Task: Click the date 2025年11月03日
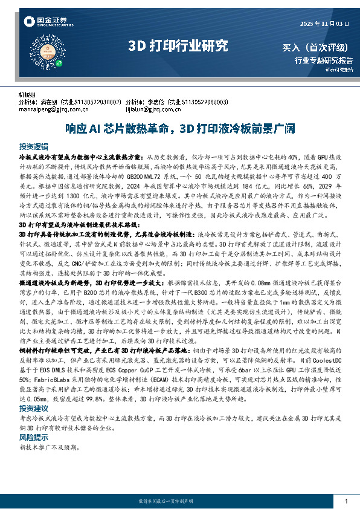(324, 24)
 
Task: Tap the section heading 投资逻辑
(33, 147)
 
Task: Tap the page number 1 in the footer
(346, 501)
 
